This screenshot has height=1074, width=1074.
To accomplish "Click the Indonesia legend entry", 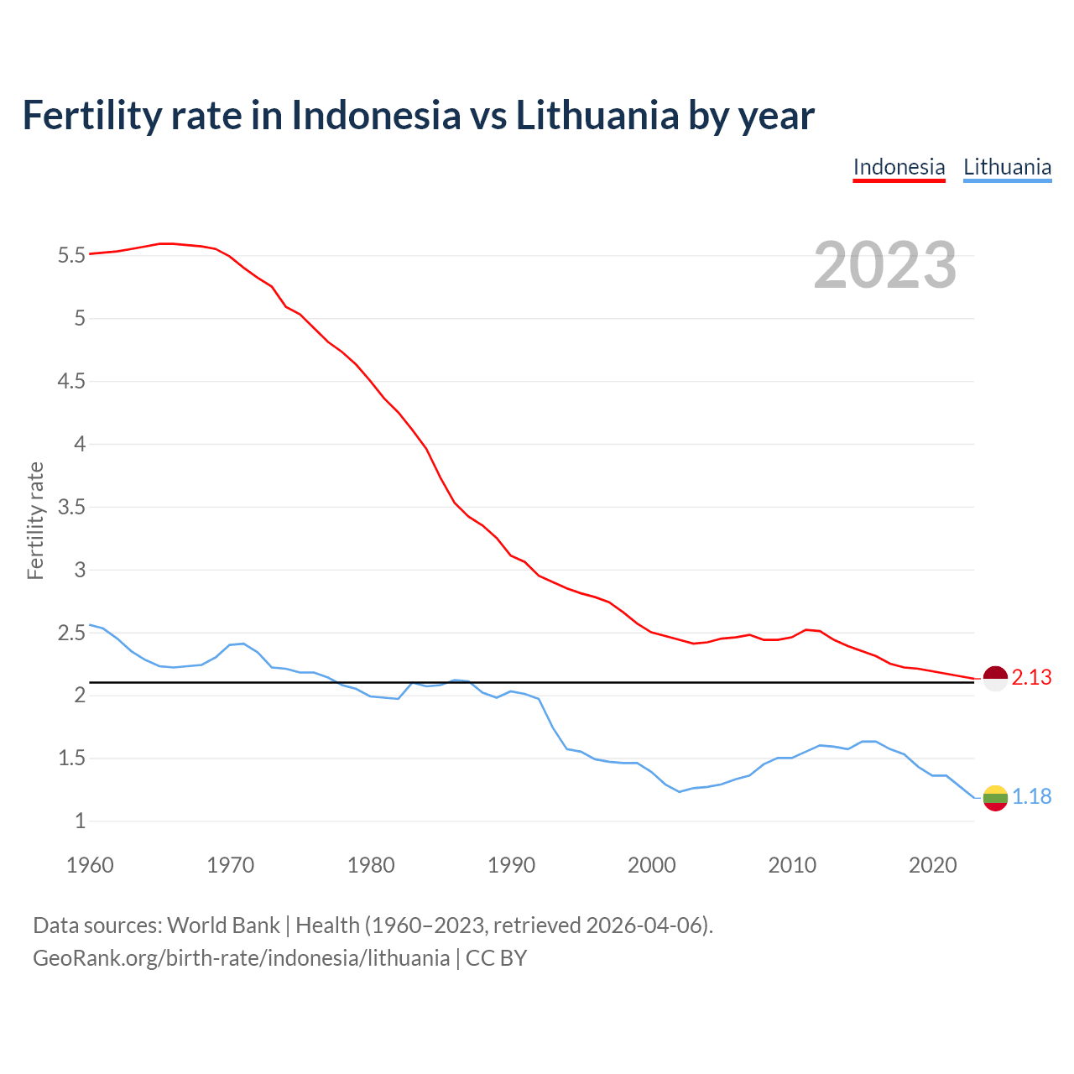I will pos(899,167).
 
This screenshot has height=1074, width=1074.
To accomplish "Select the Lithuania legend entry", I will pos(1007,167).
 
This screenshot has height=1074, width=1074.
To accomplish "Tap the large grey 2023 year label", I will pos(885,265).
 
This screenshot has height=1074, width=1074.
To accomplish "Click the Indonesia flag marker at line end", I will pos(995,678).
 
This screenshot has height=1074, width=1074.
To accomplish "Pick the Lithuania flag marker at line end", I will pos(995,798).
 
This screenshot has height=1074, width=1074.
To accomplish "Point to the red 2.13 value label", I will pos(1031,677).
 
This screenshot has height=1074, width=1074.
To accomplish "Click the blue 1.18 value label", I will pos(1031,797).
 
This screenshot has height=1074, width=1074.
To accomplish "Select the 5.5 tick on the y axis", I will pos(72,255).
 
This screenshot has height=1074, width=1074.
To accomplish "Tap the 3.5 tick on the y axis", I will pos(72,507).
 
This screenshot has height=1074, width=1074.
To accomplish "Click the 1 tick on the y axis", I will pos(81,821).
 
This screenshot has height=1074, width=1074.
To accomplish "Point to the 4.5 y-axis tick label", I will pos(72,382).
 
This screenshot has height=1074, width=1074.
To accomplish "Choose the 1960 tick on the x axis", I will pos(90,865).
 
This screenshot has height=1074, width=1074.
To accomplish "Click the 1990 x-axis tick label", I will pos(511,865).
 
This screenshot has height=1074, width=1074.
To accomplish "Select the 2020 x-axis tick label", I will pos(932,865).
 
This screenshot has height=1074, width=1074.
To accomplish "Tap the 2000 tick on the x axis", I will pos(652,865).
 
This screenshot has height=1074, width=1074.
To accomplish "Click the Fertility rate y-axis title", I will pos(35,520).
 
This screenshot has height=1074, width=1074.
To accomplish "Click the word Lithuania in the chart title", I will pos(597,116).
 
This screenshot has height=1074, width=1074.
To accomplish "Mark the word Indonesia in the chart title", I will pos(376,116).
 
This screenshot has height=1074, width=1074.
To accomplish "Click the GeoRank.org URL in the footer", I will pos(241,958).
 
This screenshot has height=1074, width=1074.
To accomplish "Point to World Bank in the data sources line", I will pos(223,925).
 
